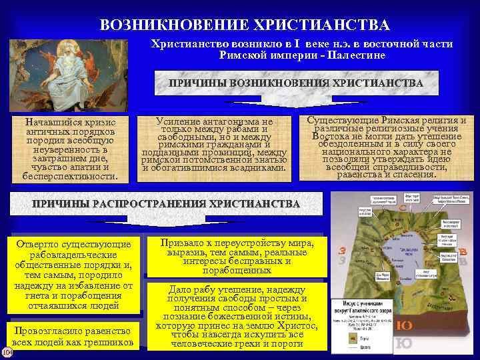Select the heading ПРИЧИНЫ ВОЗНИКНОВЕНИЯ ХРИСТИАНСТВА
[295, 83]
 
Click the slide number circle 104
[7, 351]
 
